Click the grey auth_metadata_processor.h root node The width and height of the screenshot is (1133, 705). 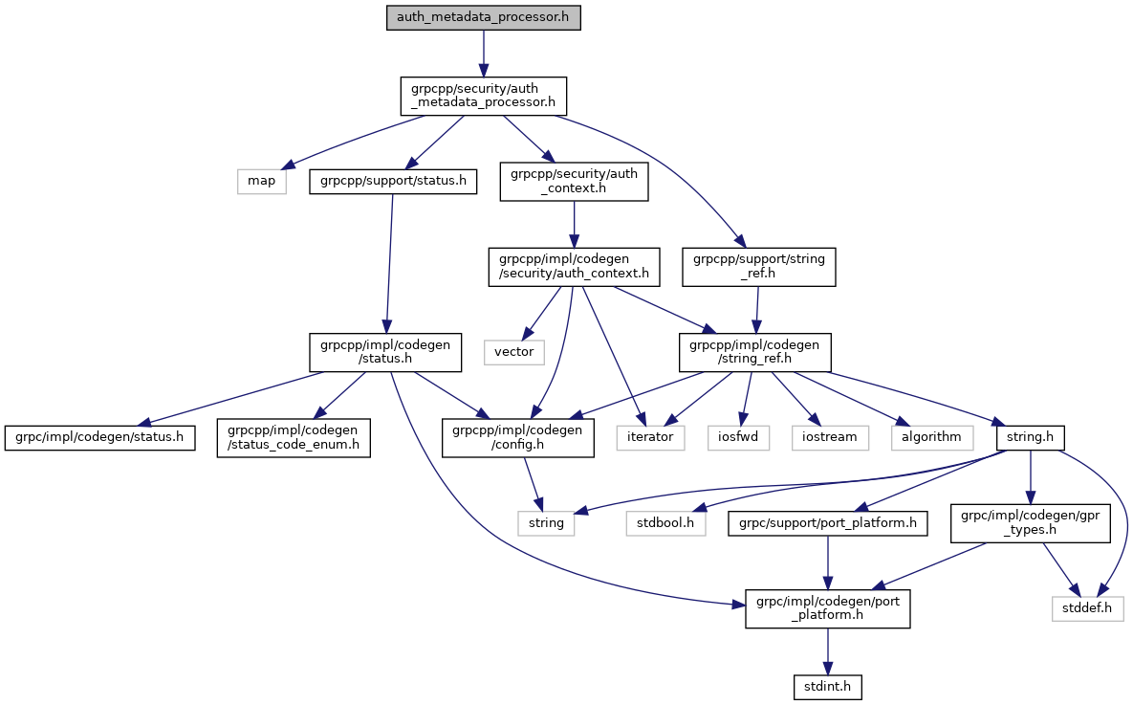click(x=483, y=17)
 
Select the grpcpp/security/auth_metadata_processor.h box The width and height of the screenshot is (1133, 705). click(x=483, y=96)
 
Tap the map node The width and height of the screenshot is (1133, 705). click(x=261, y=181)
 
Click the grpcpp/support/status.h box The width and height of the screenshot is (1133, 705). click(x=392, y=181)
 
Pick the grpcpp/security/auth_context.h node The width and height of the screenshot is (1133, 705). click(x=574, y=181)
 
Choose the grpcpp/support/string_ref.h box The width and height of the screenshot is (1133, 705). click(x=759, y=266)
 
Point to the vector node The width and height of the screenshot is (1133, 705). click(x=513, y=352)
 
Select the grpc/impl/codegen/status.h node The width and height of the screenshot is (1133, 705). click(x=99, y=437)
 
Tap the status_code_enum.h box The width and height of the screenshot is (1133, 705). click(x=293, y=437)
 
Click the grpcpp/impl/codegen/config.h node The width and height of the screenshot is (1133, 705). click(x=517, y=437)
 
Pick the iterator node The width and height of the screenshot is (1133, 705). click(x=651, y=437)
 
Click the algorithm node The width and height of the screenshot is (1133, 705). click(x=931, y=437)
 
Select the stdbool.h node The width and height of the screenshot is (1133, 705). click(x=665, y=523)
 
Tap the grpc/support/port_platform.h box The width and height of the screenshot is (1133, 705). click(x=828, y=523)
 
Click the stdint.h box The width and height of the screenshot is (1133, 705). click(x=828, y=686)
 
